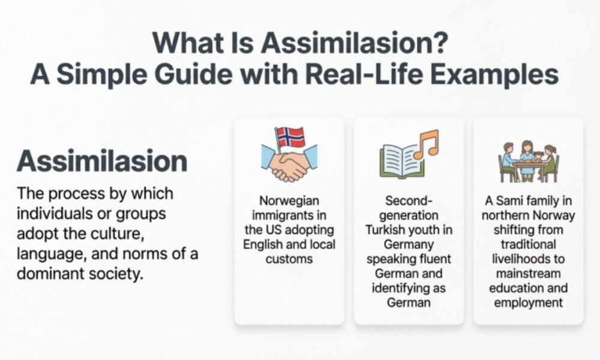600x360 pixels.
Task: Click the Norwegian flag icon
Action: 290,137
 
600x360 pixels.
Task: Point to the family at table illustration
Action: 528,160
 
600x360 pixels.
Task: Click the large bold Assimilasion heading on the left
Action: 101,161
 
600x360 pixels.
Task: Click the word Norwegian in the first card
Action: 289,200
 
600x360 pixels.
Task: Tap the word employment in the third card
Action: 528,302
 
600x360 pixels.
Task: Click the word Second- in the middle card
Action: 408,201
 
